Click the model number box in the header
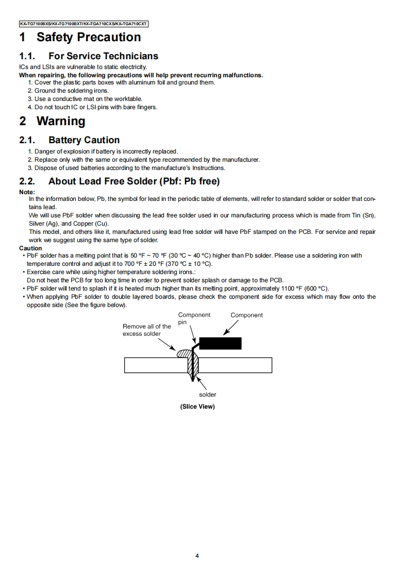pyautogui.click(x=84, y=24)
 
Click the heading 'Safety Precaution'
pyautogui.click(x=88, y=37)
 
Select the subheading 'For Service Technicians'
pyautogui.click(x=103, y=56)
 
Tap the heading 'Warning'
pyautogui.click(x=61, y=121)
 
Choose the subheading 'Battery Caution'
pyautogui.click(x=84, y=140)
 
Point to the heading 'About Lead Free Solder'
pyautogui.click(x=134, y=181)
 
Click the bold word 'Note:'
pyautogui.click(x=27, y=192)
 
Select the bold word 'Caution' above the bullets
pyautogui.click(x=30, y=248)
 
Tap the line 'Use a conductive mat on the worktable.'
pyautogui.click(x=85, y=99)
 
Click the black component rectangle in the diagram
pyautogui.click(x=220, y=344)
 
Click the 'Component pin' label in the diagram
pyautogui.click(x=194, y=319)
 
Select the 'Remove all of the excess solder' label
pyautogui.click(x=146, y=330)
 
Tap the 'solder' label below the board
pyautogui.click(x=207, y=395)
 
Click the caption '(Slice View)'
pyautogui.click(x=197, y=406)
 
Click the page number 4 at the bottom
pyautogui.click(x=197, y=556)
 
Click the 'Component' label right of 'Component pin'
pyautogui.click(x=247, y=315)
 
